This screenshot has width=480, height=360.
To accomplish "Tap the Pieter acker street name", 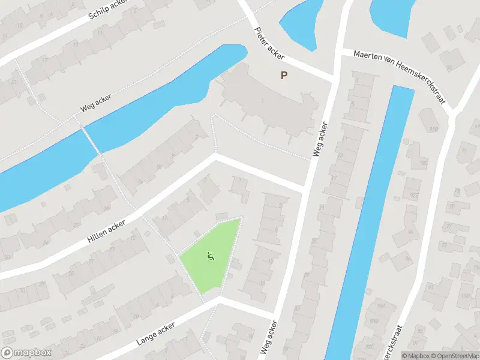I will (x=269, y=43).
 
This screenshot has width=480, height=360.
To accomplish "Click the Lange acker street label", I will (x=155, y=334).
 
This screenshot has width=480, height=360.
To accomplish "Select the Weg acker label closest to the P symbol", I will (x=320, y=140).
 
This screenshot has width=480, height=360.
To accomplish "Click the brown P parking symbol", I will (x=284, y=76).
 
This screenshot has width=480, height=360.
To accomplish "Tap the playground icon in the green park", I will (x=210, y=257).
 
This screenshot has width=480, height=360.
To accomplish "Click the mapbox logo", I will (x=26, y=353).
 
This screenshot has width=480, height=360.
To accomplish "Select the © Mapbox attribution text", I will (x=416, y=356).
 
